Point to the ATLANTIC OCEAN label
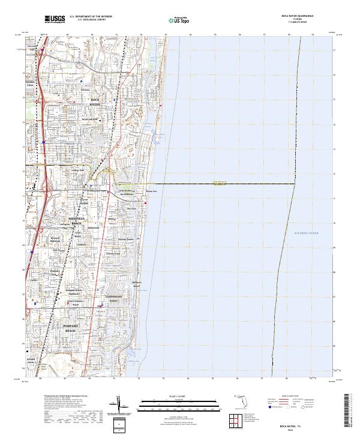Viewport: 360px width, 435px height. click(307, 232)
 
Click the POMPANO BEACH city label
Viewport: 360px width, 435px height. click(71, 328)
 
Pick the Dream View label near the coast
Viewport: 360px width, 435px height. click(151, 192)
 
